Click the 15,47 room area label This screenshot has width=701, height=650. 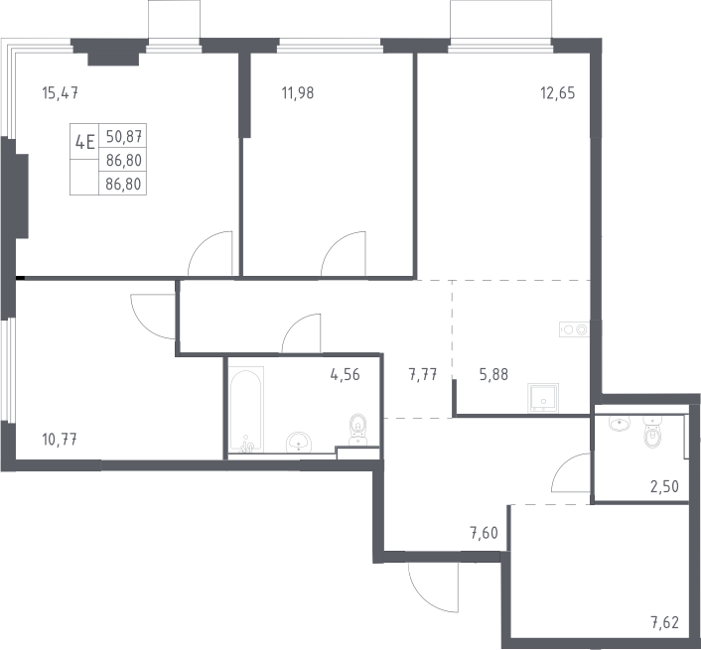(x=61, y=93)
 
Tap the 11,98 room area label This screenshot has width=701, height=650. (x=298, y=93)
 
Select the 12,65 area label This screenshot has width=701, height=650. (x=558, y=93)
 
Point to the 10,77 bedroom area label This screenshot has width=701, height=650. (x=60, y=440)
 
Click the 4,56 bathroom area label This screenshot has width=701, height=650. (x=346, y=374)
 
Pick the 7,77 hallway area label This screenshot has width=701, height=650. (x=423, y=374)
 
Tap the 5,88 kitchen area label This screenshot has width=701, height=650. (x=493, y=374)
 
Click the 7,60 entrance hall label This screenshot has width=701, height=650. (x=484, y=533)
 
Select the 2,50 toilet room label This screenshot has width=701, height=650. (x=665, y=486)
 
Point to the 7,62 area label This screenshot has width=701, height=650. (x=665, y=622)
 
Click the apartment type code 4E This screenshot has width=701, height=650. (x=85, y=143)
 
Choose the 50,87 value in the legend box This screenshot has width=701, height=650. (x=124, y=136)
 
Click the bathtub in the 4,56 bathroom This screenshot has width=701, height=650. (x=245, y=410)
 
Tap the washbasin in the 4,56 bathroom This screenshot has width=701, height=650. (x=299, y=442)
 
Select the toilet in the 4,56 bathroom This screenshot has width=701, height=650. (x=358, y=430)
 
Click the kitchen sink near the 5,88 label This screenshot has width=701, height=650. (x=543, y=398)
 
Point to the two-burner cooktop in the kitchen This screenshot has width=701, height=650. (x=575, y=329)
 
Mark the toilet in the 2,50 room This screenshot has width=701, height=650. (x=652, y=432)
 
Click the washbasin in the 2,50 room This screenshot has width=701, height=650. (x=620, y=423)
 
